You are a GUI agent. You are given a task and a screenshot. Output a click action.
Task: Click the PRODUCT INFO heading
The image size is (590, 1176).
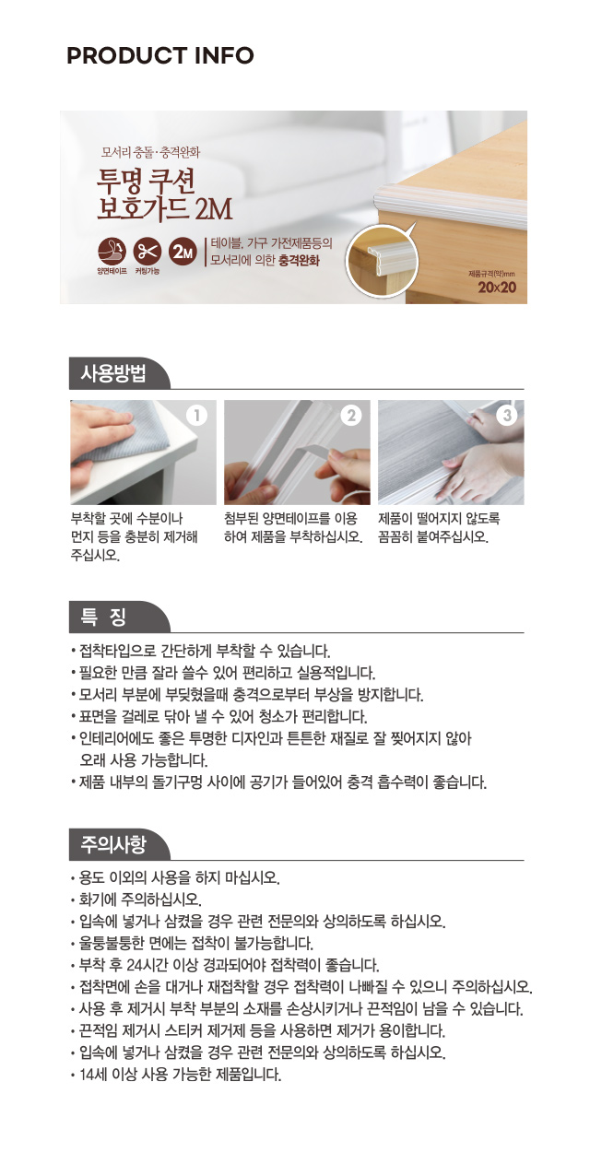pyautogui.click(x=160, y=55)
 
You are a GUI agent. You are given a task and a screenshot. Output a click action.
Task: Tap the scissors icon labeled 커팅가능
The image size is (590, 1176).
pyautogui.click(x=147, y=252)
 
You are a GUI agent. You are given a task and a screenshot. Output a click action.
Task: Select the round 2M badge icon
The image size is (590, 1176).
pyautogui.click(x=183, y=252)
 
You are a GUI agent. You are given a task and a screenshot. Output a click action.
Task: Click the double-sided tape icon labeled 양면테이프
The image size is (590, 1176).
pyautogui.click(x=112, y=252)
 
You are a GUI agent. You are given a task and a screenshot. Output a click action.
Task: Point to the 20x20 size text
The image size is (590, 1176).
pyautogui.click(x=497, y=288)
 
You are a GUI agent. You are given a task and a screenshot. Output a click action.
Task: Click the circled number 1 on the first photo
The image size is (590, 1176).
pyautogui.click(x=197, y=416)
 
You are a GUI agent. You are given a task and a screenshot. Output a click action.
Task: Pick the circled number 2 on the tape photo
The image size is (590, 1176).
pyautogui.click(x=351, y=416)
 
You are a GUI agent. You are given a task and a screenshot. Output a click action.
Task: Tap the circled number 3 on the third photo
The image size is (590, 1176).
pyautogui.click(x=506, y=416)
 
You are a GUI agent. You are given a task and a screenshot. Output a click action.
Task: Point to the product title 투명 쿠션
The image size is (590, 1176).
pyautogui.click(x=147, y=182)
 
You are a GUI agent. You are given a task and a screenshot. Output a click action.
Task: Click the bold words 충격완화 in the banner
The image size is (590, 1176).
pyautogui.click(x=299, y=261)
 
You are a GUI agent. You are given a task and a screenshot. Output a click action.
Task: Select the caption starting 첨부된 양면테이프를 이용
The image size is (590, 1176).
pyautogui.click(x=293, y=527)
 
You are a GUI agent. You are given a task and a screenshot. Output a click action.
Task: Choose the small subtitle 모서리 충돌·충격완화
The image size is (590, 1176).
pyautogui.click(x=150, y=153)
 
